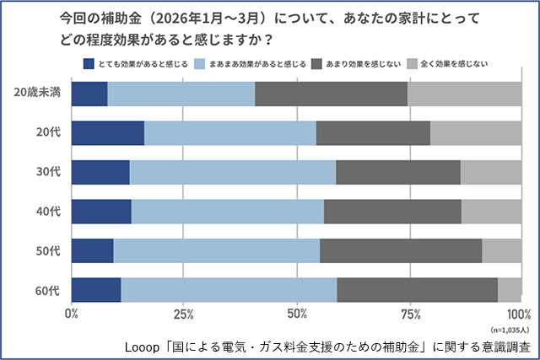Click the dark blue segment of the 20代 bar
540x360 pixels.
(108, 133)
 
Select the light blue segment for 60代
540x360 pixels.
(229, 289)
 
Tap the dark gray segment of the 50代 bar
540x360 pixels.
(401, 250)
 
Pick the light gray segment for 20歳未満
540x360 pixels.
(464, 94)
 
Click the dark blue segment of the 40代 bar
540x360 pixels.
(101, 212)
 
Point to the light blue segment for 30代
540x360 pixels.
(233, 172)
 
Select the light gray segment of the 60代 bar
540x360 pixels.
(510, 289)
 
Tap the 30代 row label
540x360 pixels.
(48, 172)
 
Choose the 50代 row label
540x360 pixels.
(48, 250)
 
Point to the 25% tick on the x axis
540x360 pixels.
(184, 314)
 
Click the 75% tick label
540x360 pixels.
(409, 314)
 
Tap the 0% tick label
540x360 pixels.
(72, 314)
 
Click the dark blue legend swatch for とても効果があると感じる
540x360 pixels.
(90, 63)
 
